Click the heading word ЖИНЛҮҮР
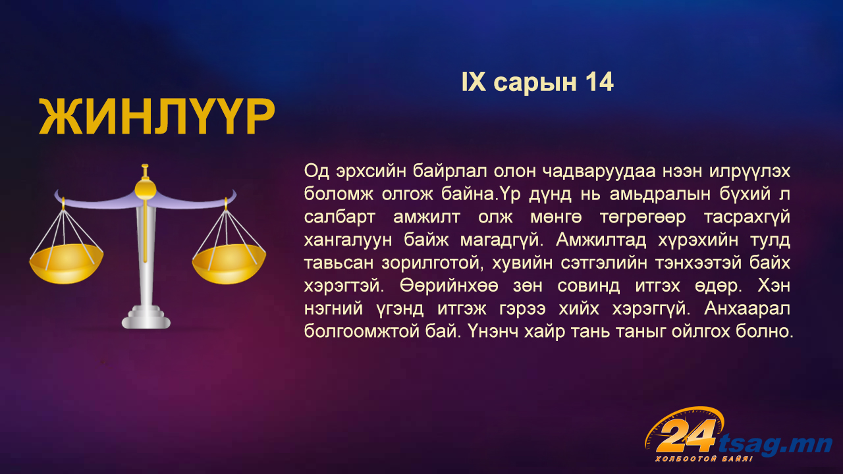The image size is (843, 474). point(157,117)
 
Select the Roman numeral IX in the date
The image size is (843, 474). point(474,82)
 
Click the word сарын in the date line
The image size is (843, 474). point(535,84)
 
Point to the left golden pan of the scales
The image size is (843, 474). point(67,263)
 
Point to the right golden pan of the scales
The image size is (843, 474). point(229,264)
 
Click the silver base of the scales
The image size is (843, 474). point(146,317)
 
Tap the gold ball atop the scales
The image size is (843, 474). point(146,188)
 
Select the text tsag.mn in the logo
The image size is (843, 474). point(775,444)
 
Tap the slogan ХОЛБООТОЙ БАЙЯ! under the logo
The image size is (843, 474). point(704,459)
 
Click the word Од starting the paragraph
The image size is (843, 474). point(317,171)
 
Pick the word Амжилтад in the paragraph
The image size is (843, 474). point(601,240)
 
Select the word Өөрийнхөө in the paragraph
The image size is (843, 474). point(449,286)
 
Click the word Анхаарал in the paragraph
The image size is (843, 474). point(747,309)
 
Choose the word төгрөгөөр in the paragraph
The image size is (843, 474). point(643,217)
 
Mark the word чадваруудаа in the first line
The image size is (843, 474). point(599,172)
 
